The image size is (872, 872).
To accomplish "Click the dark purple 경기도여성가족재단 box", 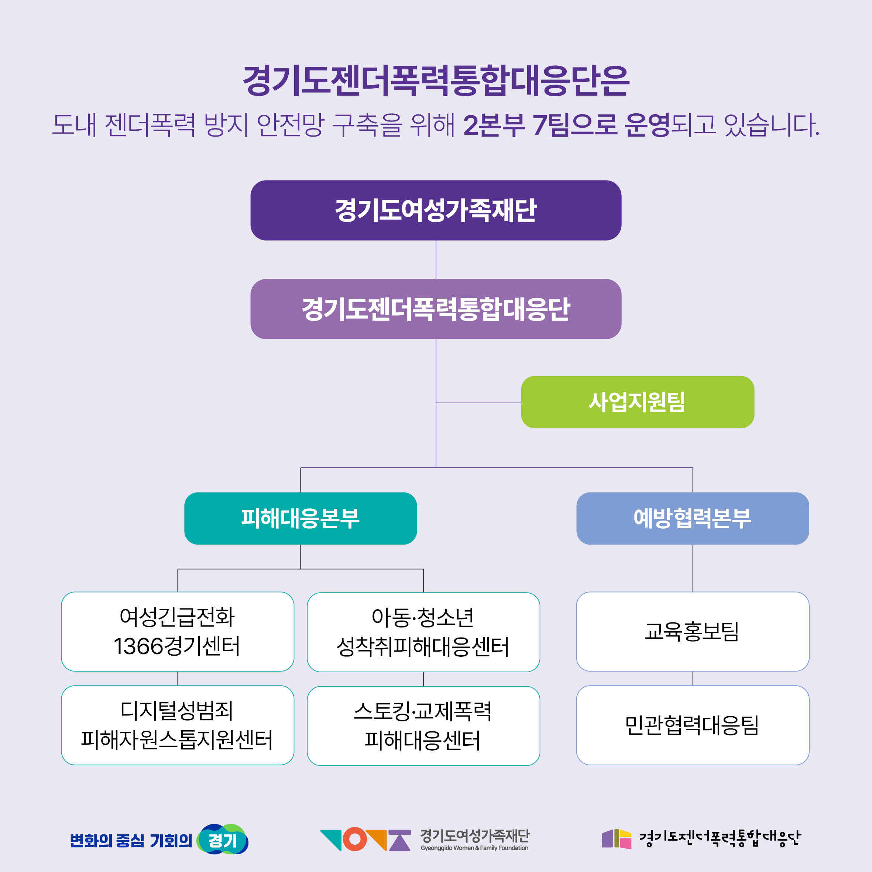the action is pyautogui.click(x=436, y=210).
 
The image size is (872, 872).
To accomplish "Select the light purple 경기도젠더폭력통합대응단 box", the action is pyautogui.click(x=436, y=309).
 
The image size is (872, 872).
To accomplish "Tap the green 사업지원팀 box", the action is pyautogui.click(x=637, y=402).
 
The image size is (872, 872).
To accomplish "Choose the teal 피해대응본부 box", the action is pyautogui.click(x=301, y=518).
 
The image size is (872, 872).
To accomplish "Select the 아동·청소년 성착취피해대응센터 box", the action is pyautogui.click(x=423, y=632).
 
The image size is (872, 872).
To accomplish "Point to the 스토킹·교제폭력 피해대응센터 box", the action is pyautogui.click(x=423, y=726).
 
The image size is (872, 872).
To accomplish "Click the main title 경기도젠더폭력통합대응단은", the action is pyautogui.click(x=436, y=81).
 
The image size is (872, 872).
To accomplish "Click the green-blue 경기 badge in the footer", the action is pyautogui.click(x=223, y=840).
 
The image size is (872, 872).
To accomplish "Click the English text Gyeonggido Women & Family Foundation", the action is pyautogui.click(x=474, y=848).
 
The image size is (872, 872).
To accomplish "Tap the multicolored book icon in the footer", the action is pyautogui.click(x=617, y=839).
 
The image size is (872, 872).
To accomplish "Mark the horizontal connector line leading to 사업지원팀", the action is pyautogui.click(x=478, y=402).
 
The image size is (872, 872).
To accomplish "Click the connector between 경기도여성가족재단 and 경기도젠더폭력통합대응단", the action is pyautogui.click(x=436, y=260).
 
